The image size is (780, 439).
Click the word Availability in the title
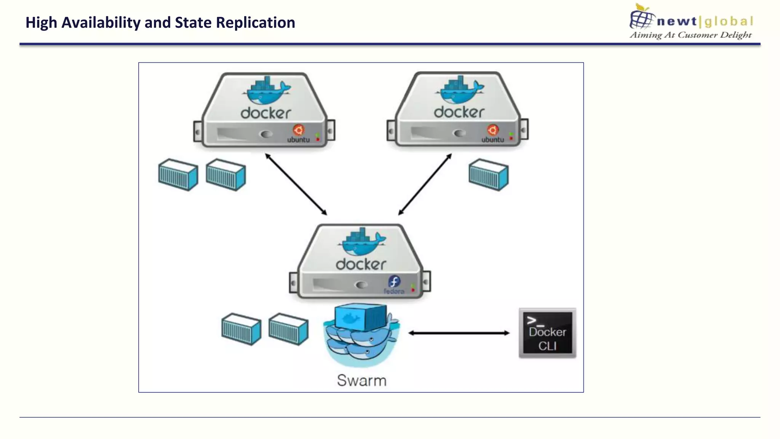click(101, 23)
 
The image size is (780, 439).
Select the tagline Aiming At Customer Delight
click(690, 35)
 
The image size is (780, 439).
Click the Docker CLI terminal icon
click(547, 333)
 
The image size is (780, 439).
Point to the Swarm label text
click(361, 381)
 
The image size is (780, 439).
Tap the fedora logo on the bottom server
click(394, 282)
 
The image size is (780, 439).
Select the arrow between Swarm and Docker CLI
click(459, 333)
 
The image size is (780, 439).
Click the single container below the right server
click(488, 175)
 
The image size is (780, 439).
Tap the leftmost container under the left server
click(178, 175)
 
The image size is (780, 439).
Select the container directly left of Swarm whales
click(288, 329)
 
